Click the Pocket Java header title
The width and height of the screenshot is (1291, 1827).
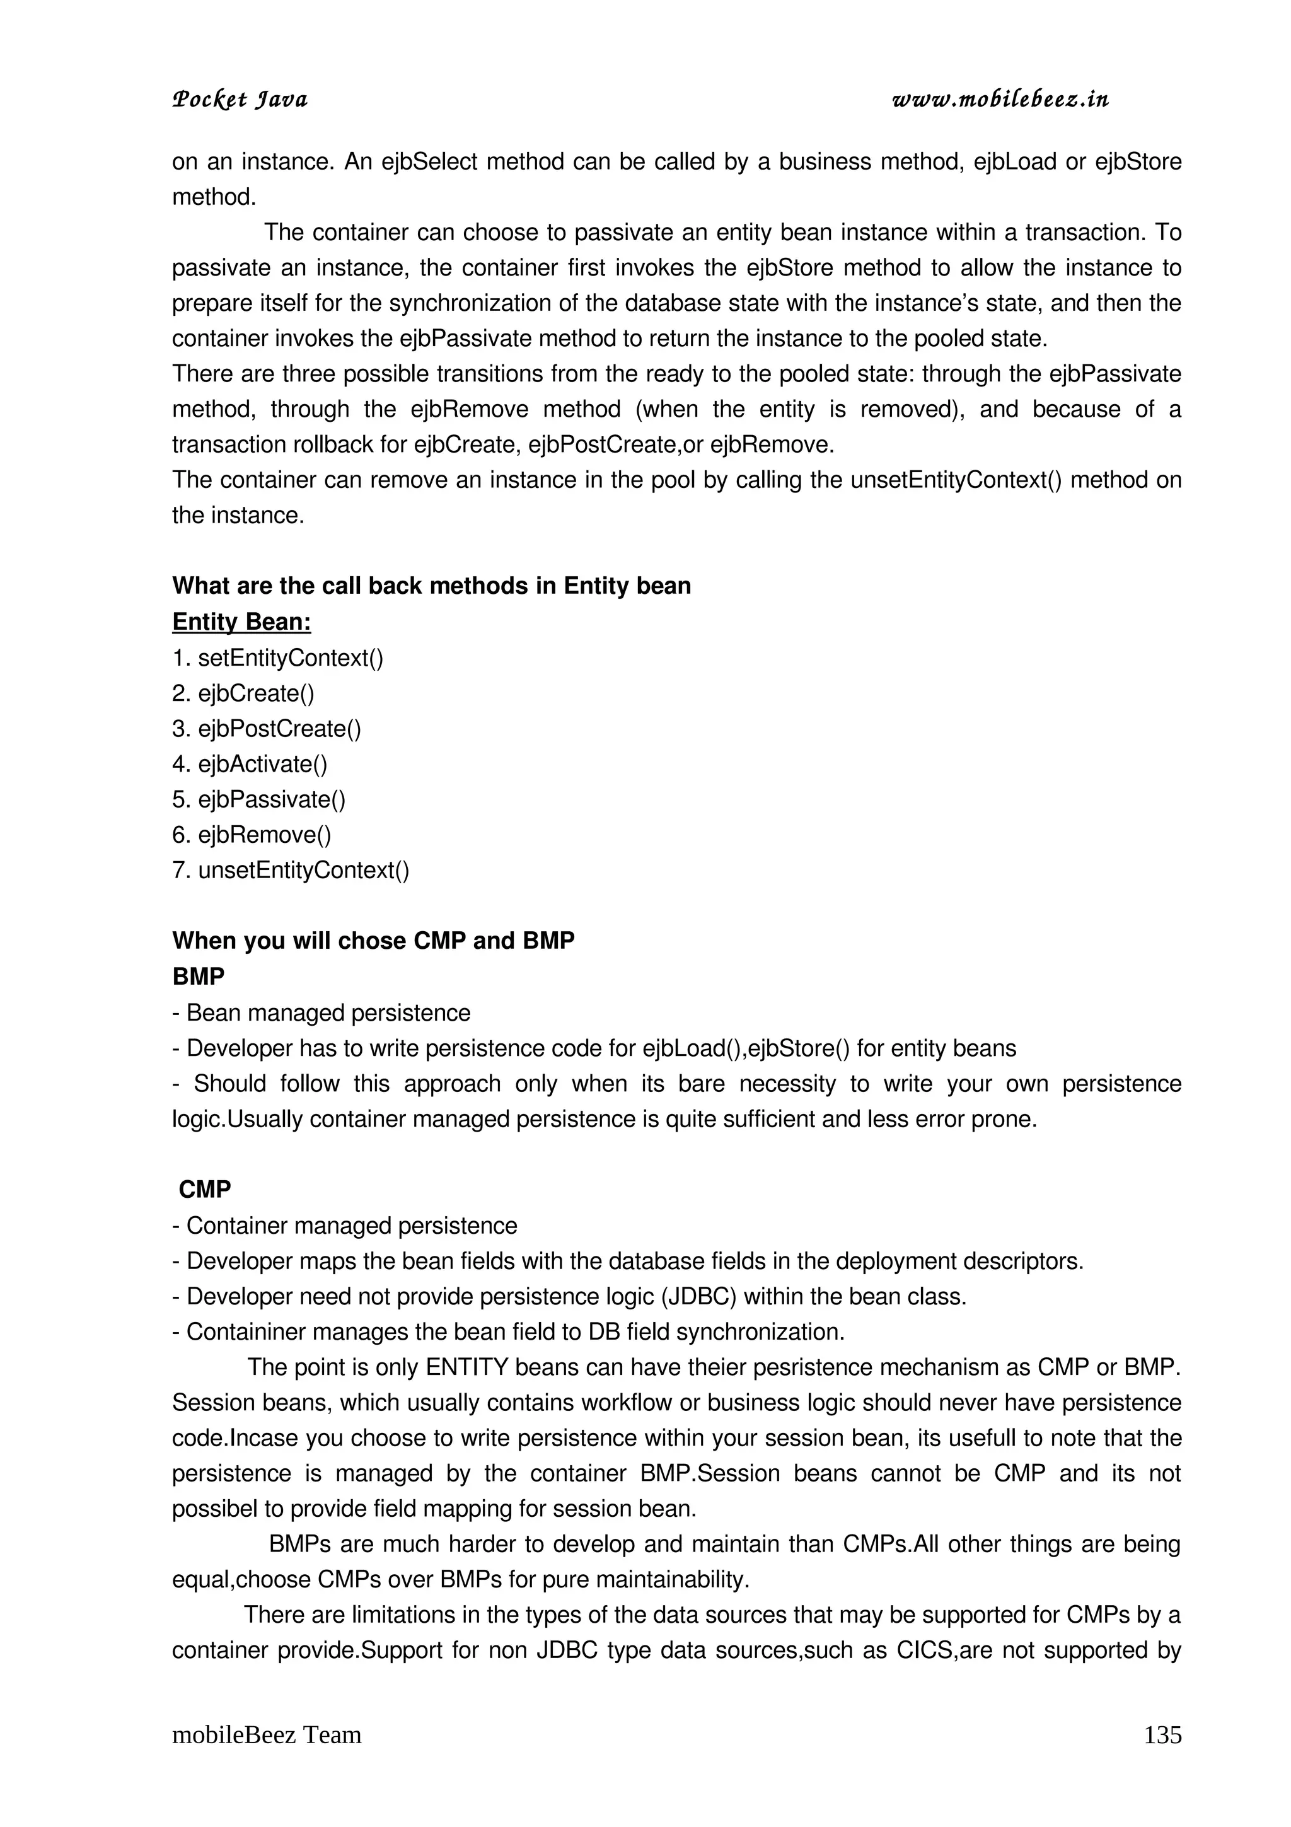(240, 100)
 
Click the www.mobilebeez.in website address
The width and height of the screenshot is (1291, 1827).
(1000, 100)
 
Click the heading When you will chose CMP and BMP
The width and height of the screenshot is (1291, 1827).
(373, 941)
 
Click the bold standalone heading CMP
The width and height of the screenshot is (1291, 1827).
(206, 1190)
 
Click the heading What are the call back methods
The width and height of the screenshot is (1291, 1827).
(431, 586)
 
